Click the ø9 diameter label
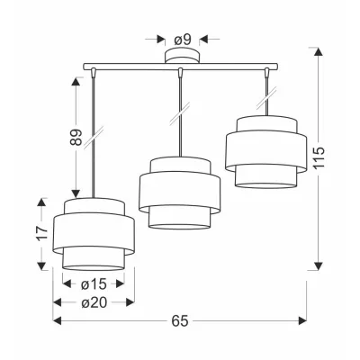click(183, 40)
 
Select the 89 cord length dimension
click(76, 138)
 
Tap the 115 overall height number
click(320, 157)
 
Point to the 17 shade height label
click(43, 233)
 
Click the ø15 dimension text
click(94, 284)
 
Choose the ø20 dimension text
click(94, 302)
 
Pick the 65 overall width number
click(180, 321)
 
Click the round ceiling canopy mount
click(182, 56)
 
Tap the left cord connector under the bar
click(94, 73)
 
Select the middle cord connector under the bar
click(180, 73)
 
